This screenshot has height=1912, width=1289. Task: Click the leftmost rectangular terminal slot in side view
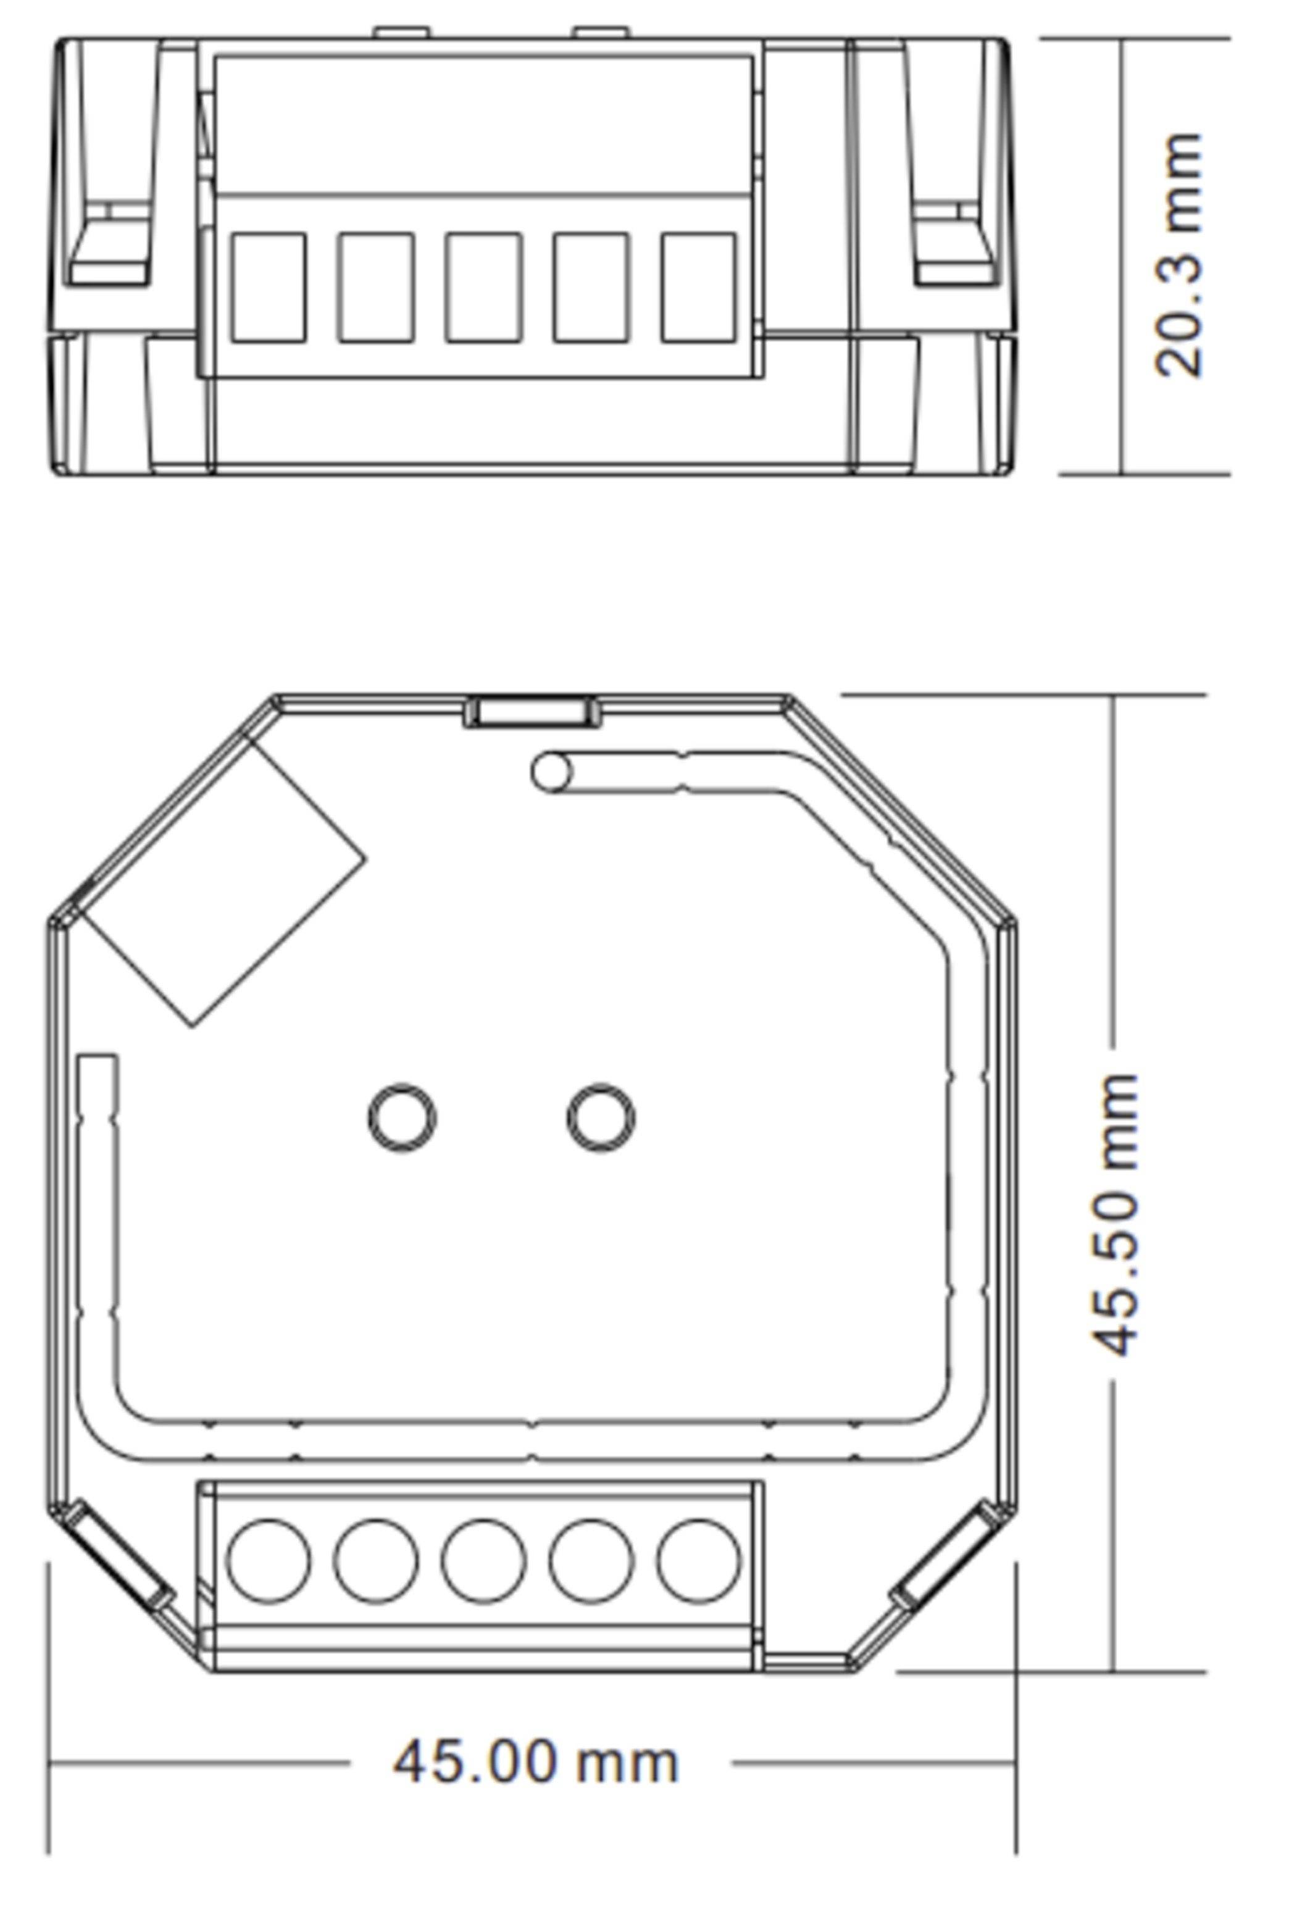(x=269, y=287)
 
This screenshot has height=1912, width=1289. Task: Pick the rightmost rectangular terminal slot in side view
(x=699, y=287)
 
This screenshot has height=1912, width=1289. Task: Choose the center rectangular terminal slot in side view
(x=483, y=287)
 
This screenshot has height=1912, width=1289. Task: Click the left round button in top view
(x=402, y=1118)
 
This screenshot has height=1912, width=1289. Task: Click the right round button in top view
(x=601, y=1118)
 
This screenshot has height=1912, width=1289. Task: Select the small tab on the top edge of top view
(x=533, y=711)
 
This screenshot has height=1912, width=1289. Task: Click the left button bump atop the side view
(x=402, y=33)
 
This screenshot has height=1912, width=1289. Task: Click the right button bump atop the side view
(x=601, y=33)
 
